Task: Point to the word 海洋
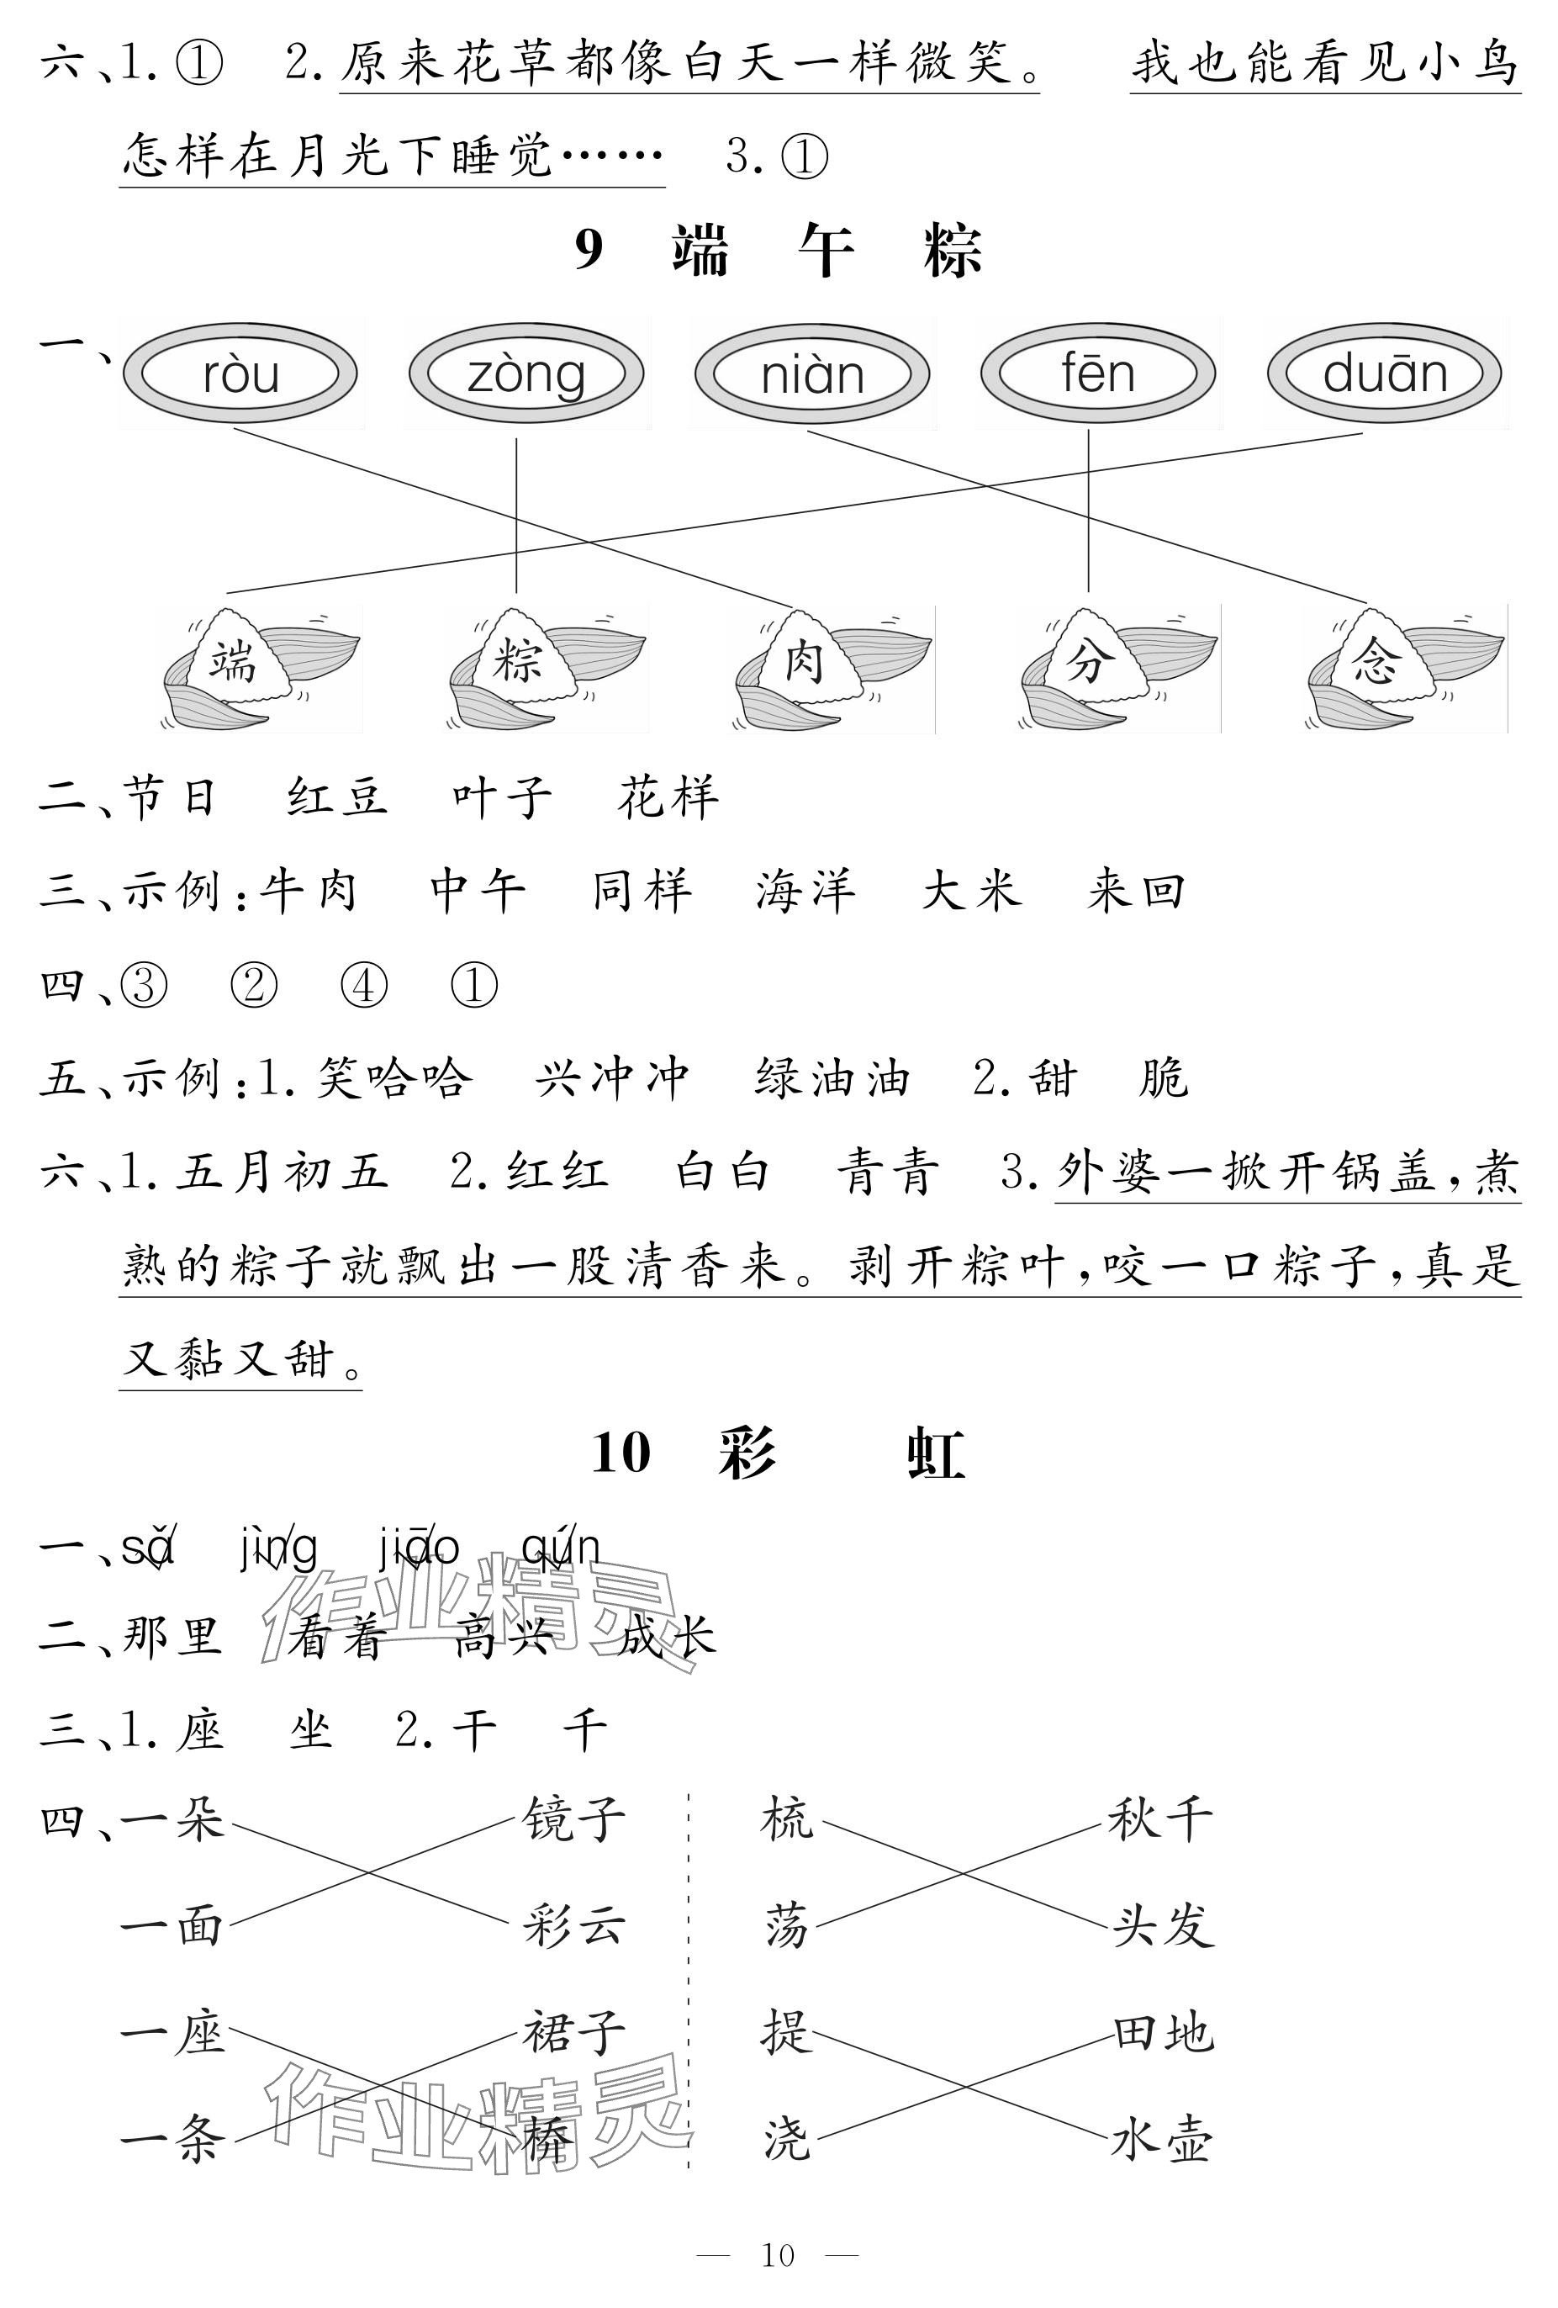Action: [x=805, y=891]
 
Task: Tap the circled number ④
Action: [x=363, y=985]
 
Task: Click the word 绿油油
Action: [x=832, y=1078]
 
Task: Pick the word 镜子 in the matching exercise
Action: [x=574, y=1821]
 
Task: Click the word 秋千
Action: [x=1159, y=1821]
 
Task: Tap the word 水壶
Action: [x=1159, y=2141]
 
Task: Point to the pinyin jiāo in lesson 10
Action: [x=419, y=1549]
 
